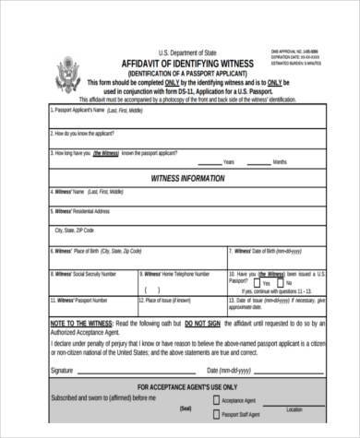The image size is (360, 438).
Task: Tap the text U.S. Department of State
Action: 183,52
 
